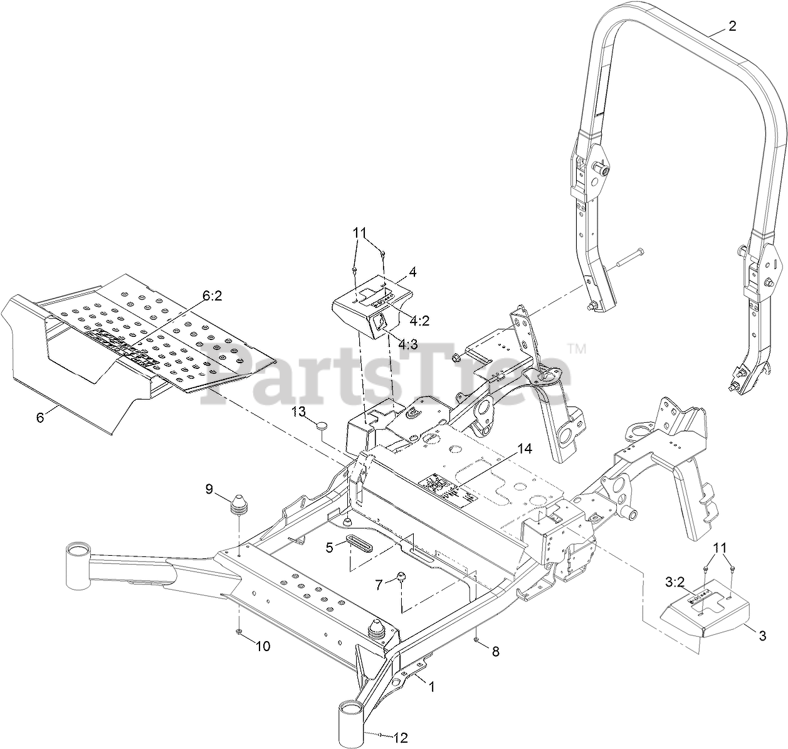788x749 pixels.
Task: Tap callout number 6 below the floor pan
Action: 40,417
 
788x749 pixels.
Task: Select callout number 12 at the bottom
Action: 401,738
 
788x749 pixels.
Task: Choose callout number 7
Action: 378,585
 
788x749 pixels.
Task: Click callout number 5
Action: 329,547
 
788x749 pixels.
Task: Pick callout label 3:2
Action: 674,582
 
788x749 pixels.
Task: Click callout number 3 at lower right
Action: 762,636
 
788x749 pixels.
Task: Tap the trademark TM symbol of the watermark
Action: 575,348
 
